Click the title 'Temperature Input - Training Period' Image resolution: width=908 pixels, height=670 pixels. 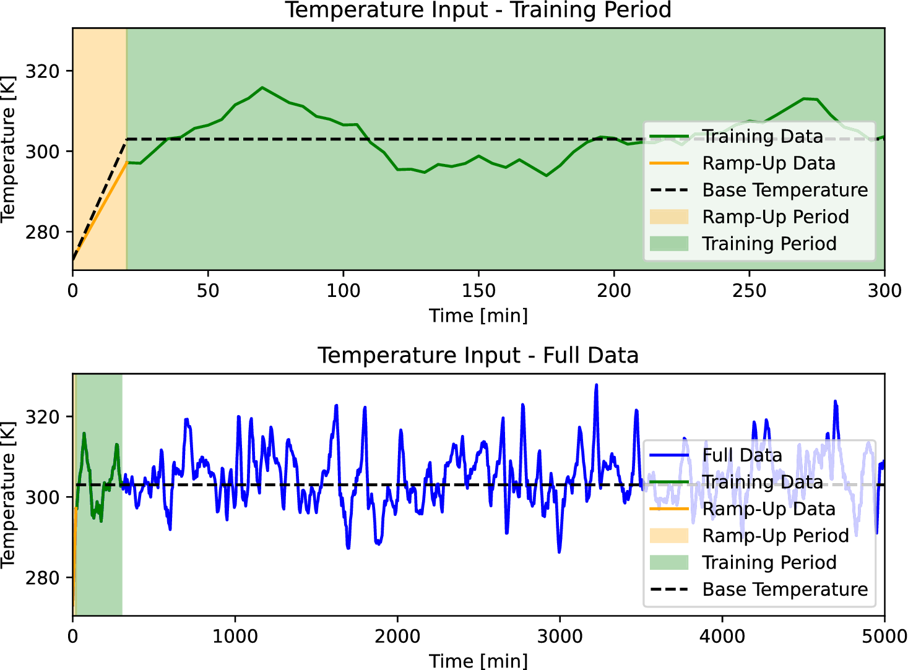[478, 11]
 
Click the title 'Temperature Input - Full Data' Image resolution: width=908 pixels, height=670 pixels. [478, 356]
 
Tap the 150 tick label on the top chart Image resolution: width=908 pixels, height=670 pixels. [478, 291]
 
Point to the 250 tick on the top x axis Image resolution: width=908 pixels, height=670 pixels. [749, 291]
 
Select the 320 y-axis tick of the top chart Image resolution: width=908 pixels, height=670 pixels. [42, 71]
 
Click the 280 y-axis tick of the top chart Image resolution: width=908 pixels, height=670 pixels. [42, 233]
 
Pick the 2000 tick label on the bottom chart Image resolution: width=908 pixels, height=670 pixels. [397, 637]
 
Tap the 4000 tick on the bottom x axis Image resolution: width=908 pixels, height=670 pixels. [722, 637]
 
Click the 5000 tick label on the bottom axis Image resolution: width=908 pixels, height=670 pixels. [884, 637]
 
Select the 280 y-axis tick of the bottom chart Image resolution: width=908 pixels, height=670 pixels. [42, 578]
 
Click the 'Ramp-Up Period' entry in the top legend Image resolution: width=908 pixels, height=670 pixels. [775, 217]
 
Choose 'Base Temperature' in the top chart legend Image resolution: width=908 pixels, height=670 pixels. [785, 190]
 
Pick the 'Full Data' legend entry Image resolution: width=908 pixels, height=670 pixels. [742, 455]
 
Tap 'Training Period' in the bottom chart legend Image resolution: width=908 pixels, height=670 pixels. [769, 562]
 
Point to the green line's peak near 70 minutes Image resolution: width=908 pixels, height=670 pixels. [262, 87]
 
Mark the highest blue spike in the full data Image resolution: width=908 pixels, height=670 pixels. [596, 385]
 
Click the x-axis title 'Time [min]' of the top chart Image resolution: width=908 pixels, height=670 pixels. [478, 316]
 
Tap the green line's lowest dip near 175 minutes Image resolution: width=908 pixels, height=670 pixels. [546, 176]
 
